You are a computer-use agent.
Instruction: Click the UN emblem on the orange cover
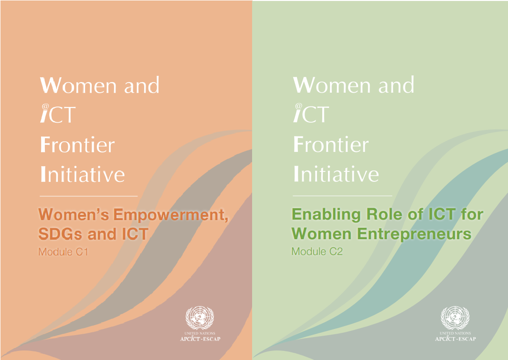(x=200, y=318)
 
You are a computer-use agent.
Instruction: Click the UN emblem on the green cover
(x=455, y=318)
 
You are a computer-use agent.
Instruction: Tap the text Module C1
(x=63, y=252)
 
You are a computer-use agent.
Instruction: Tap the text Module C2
(x=317, y=252)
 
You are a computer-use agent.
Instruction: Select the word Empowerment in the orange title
(x=171, y=214)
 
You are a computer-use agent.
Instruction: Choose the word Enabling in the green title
(x=326, y=214)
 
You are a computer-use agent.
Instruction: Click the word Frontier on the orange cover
(x=77, y=145)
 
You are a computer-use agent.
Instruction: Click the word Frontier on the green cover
(x=331, y=144)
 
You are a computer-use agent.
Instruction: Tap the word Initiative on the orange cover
(x=83, y=174)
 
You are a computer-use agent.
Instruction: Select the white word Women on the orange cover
(x=78, y=85)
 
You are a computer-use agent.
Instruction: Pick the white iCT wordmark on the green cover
(x=311, y=113)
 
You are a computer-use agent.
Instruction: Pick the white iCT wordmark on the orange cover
(x=58, y=114)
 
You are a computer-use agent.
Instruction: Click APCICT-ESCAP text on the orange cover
(x=200, y=339)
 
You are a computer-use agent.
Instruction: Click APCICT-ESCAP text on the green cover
(x=455, y=339)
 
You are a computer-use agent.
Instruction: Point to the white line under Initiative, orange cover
(x=88, y=196)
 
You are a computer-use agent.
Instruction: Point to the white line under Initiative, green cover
(x=342, y=196)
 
